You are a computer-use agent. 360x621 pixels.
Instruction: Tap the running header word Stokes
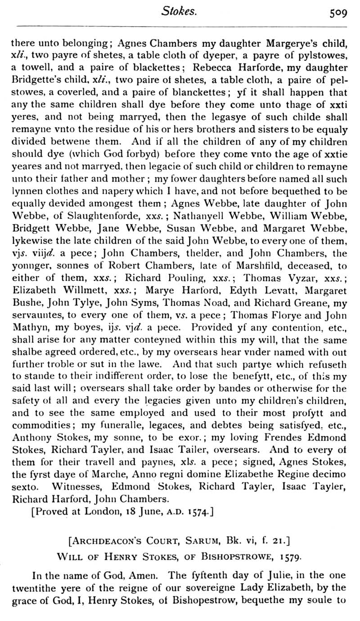tap(179, 12)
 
